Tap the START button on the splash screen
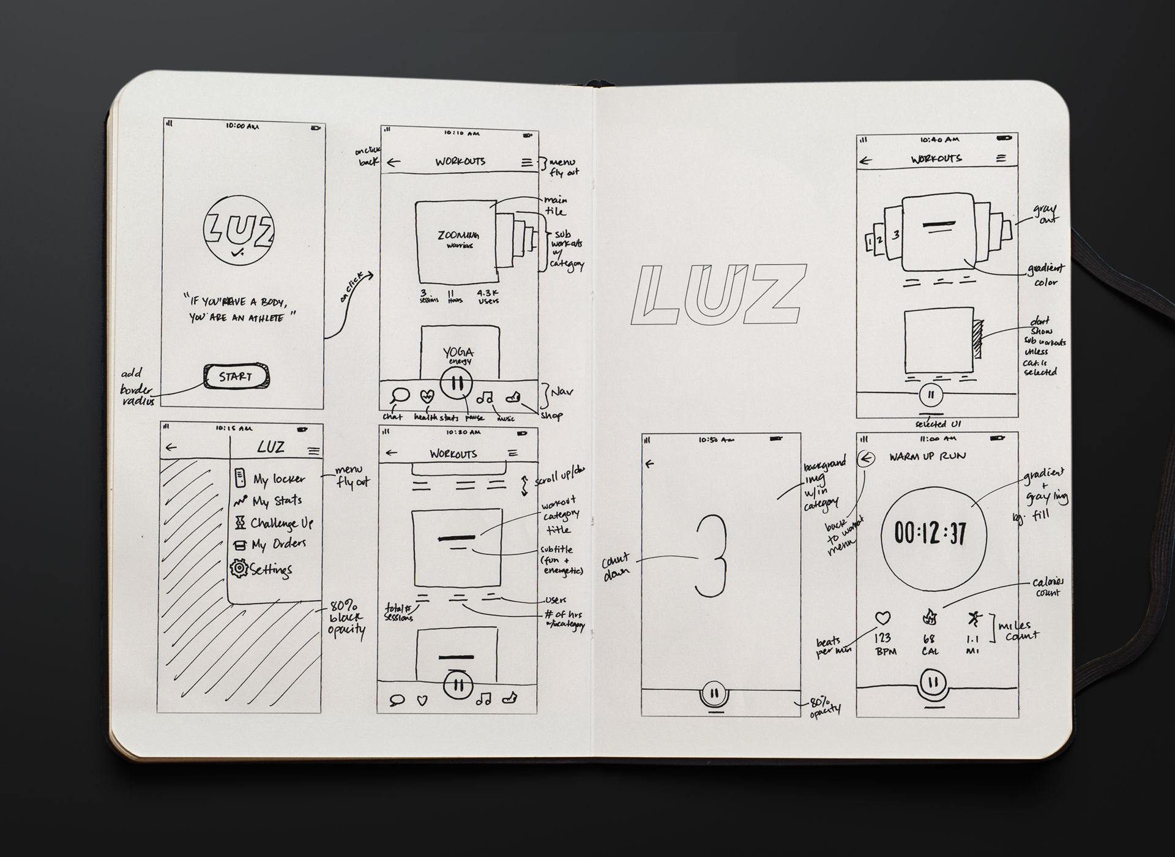(x=236, y=376)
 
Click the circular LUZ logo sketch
(x=238, y=231)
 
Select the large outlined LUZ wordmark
(x=719, y=294)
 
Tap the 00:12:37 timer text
(x=930, y=533)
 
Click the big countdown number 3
(x=711, y=556)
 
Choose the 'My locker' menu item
(x=278, y=479)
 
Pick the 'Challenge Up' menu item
(x=281, y=523)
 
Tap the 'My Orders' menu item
(x=278, y=544)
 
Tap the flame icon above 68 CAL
(x=930, y=617)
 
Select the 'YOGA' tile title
(x=458, y=353)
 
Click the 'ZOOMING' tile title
(x=458, y=236)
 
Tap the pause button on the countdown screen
(x=714, y=694)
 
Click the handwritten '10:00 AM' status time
(x=242, y=126)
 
